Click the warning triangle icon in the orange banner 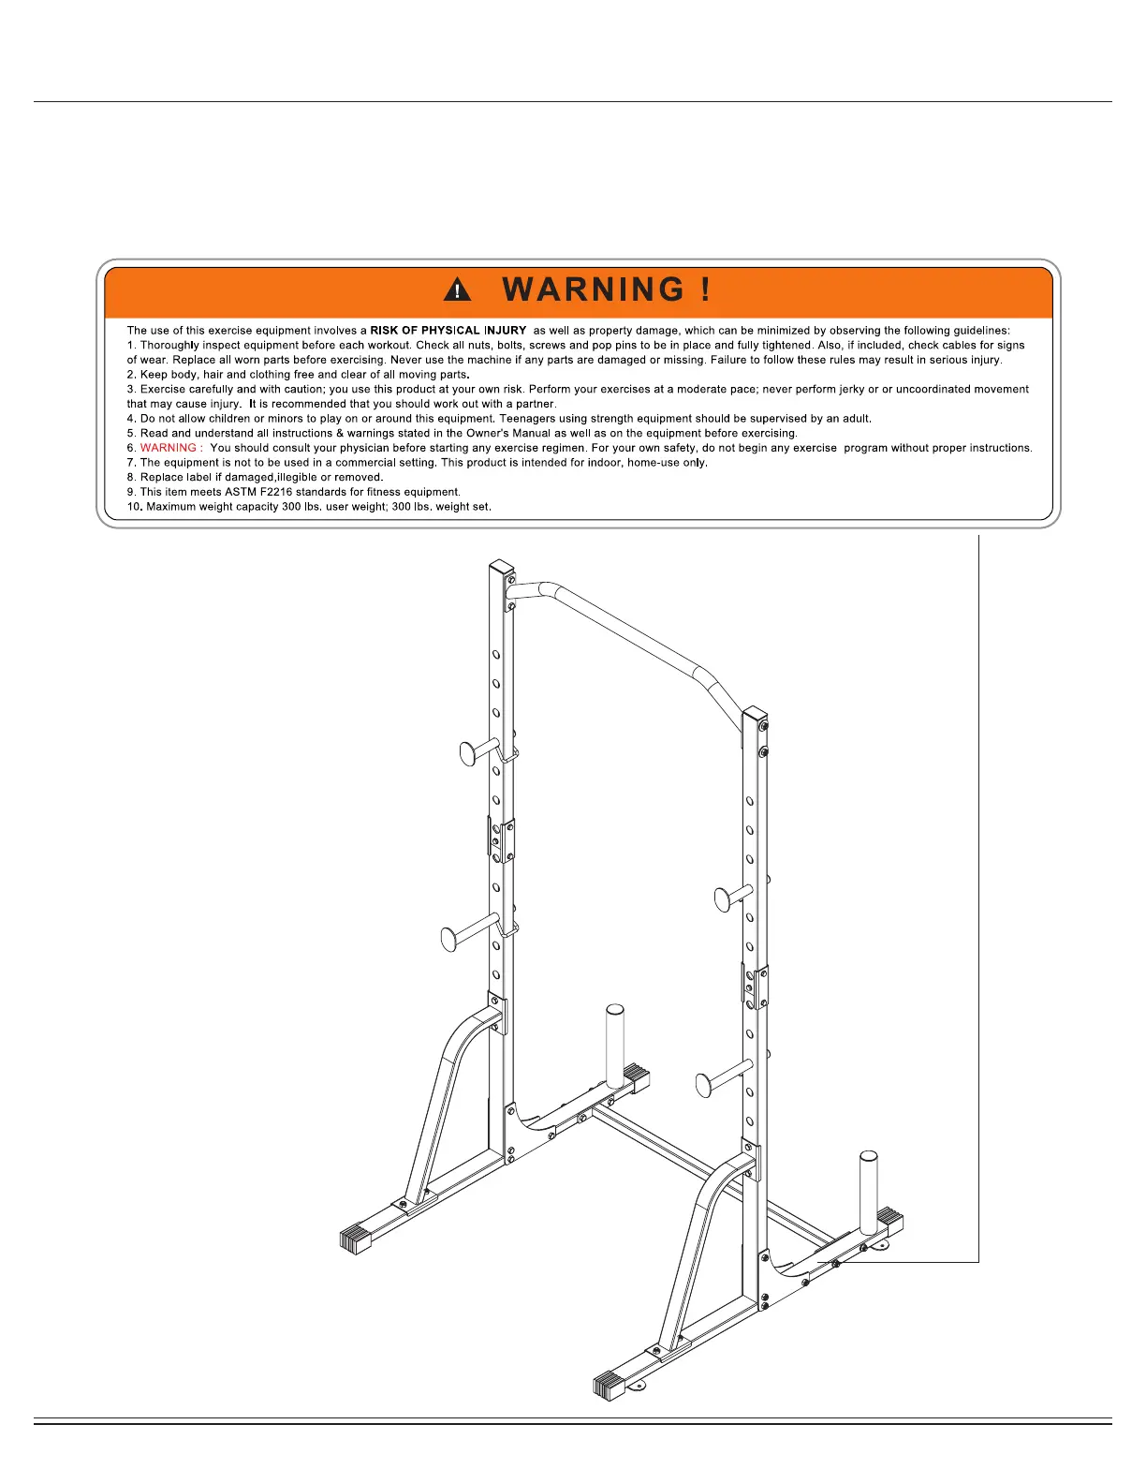(457, 289)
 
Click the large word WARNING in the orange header (594, 289)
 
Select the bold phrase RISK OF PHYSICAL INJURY (448, 331)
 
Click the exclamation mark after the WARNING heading (705, 289)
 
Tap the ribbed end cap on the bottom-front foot (610, 1385)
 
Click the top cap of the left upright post (502, 568)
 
